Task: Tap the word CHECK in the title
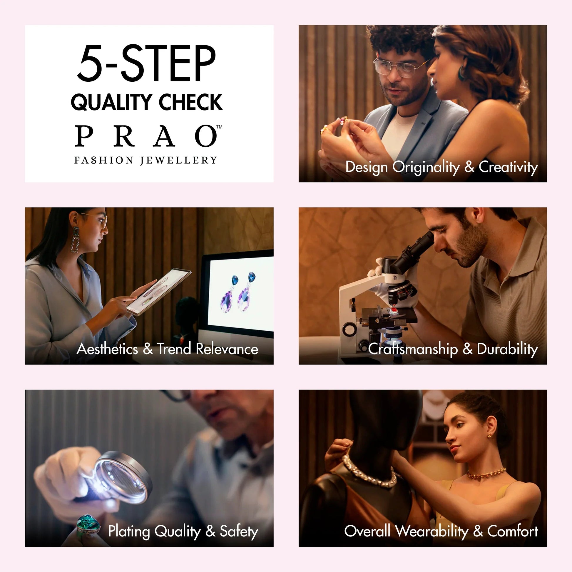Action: click(191, 102)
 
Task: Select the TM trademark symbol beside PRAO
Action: click(219, 127)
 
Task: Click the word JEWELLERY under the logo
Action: click(179, 160)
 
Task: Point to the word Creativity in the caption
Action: click(508, 167)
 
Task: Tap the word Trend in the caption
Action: click(174, 349)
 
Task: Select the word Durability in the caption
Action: click(507, 349)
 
